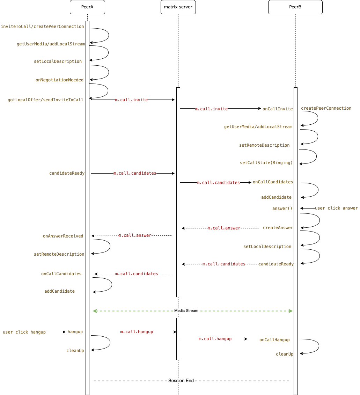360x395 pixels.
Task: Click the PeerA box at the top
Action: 87,7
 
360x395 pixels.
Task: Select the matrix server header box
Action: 178,7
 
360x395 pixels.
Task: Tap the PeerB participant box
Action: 295,7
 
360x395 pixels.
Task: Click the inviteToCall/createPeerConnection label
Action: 42,27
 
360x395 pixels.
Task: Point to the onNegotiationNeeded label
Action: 59,80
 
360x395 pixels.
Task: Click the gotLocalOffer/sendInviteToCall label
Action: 45,100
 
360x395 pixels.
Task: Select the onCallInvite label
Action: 278,109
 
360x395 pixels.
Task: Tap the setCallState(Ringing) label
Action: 266,163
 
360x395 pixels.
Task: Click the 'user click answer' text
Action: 336,208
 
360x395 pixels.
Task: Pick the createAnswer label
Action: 278,228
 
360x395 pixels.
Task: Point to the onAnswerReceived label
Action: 63,236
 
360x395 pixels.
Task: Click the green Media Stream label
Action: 186,310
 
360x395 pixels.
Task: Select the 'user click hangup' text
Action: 24,332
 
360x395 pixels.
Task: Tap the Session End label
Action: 181,380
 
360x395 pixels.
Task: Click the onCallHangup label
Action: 274,340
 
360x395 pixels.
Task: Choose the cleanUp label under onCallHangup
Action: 285,354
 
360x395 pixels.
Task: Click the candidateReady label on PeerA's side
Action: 67,173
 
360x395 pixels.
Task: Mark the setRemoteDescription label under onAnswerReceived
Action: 59,254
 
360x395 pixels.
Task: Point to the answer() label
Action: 282,209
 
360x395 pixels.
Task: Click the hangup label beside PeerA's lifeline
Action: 75,332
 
